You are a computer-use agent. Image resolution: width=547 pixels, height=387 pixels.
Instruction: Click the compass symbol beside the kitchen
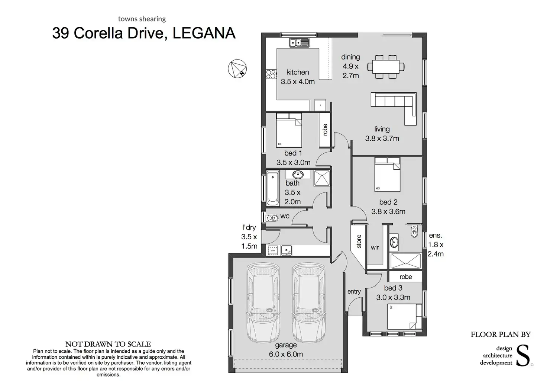pos(237,69)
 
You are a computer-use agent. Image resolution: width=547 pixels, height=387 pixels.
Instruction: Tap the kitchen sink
pos(299,43)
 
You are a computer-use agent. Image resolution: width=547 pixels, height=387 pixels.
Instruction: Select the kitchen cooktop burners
pos(271,74)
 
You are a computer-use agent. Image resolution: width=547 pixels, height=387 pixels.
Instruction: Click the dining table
pos(386,67)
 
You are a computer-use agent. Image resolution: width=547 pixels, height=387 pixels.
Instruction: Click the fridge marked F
pos(320,105)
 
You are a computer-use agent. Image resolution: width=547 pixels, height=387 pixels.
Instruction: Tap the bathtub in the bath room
pos(273,188)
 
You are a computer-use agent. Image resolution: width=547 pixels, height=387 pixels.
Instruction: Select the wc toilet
pos(272,218)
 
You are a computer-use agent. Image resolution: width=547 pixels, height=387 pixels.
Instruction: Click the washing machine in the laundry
pos(273,250)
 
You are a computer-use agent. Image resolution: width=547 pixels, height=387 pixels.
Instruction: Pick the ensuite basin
pos(394,242)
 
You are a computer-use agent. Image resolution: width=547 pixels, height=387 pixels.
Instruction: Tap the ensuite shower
pos(406,261)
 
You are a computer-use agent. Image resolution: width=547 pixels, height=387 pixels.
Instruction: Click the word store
pos(359,241)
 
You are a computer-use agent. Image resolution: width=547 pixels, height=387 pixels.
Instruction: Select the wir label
pos(375,247)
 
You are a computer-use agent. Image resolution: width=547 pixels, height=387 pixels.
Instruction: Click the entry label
pos(354,291)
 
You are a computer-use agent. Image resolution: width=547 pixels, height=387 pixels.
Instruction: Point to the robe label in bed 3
pos(406,277)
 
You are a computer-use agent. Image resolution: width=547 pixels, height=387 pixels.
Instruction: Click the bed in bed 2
pos(387,174)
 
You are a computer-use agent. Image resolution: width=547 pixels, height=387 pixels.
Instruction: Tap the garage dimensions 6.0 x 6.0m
pos(286,354)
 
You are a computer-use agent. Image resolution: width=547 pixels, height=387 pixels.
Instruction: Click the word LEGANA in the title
pos(204,33)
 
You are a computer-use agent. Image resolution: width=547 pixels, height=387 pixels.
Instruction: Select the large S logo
pos(523,355)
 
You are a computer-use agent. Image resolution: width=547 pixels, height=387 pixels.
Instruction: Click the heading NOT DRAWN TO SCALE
pos(108,344)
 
